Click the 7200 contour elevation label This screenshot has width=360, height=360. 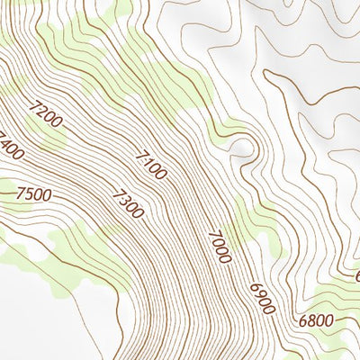(x=47, y=120)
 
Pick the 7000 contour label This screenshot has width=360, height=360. (x=219, y=247)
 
